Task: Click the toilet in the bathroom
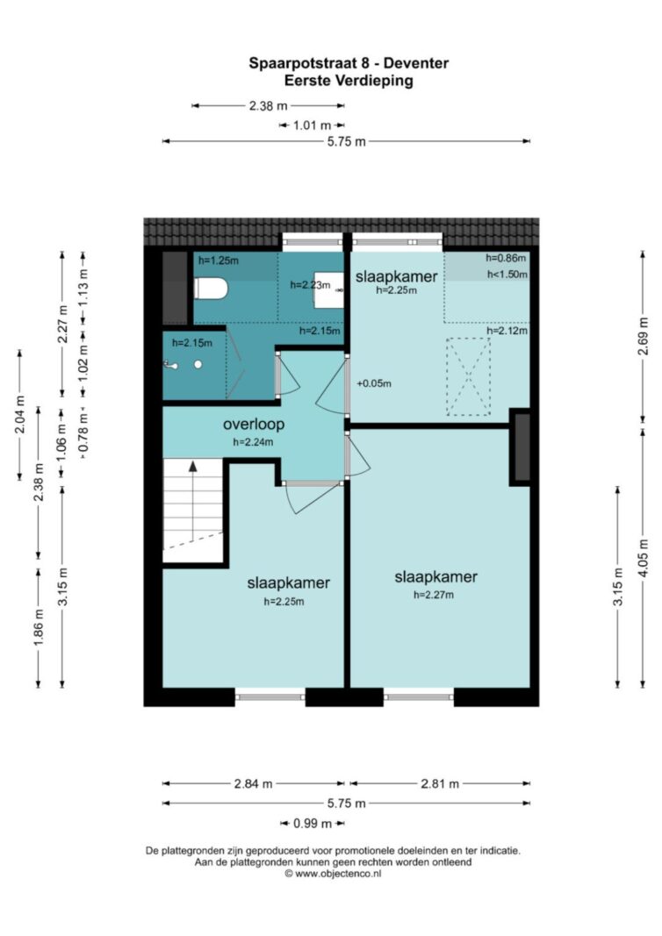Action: [x=211, y=289]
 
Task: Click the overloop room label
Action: [x=254, y=425]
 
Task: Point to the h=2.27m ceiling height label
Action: [x=434, y=595]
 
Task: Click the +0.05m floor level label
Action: [x=374, y=383]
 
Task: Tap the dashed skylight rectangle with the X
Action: [x=469, y=376]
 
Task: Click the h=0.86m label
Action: [x=506, y=258]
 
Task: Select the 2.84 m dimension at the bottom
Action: [x=254, y=783]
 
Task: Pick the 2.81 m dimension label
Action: [x=441, y=783]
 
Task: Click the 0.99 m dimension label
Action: [x=313, y=824]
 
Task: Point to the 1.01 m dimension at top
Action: [x=312, y=125]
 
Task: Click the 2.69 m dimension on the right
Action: [x=643, y=336]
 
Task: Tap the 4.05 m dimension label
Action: [x=643, y=558]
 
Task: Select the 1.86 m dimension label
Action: [x=39, y=627]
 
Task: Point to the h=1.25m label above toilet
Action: [x=219, y=261]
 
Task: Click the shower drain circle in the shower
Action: [x=198, y=364]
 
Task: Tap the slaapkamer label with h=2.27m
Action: [x=436, y=577]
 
